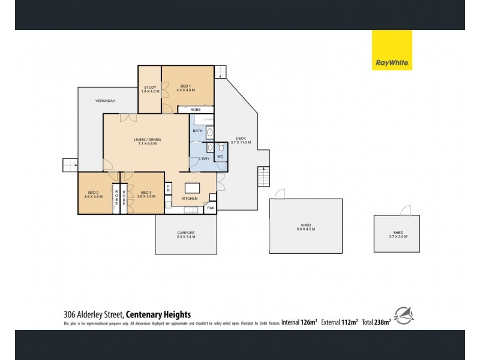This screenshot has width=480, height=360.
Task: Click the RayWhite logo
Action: [392, 50]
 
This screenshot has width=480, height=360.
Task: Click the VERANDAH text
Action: [105, 101]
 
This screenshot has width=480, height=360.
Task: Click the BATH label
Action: [197, 130]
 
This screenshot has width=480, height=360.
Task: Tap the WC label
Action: [220, 157]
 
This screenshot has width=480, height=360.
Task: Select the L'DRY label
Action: [203, 160]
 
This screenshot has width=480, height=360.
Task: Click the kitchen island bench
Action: [192, 186]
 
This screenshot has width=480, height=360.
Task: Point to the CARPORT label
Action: [186, 235]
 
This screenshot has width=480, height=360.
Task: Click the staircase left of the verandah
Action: [70, 165]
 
